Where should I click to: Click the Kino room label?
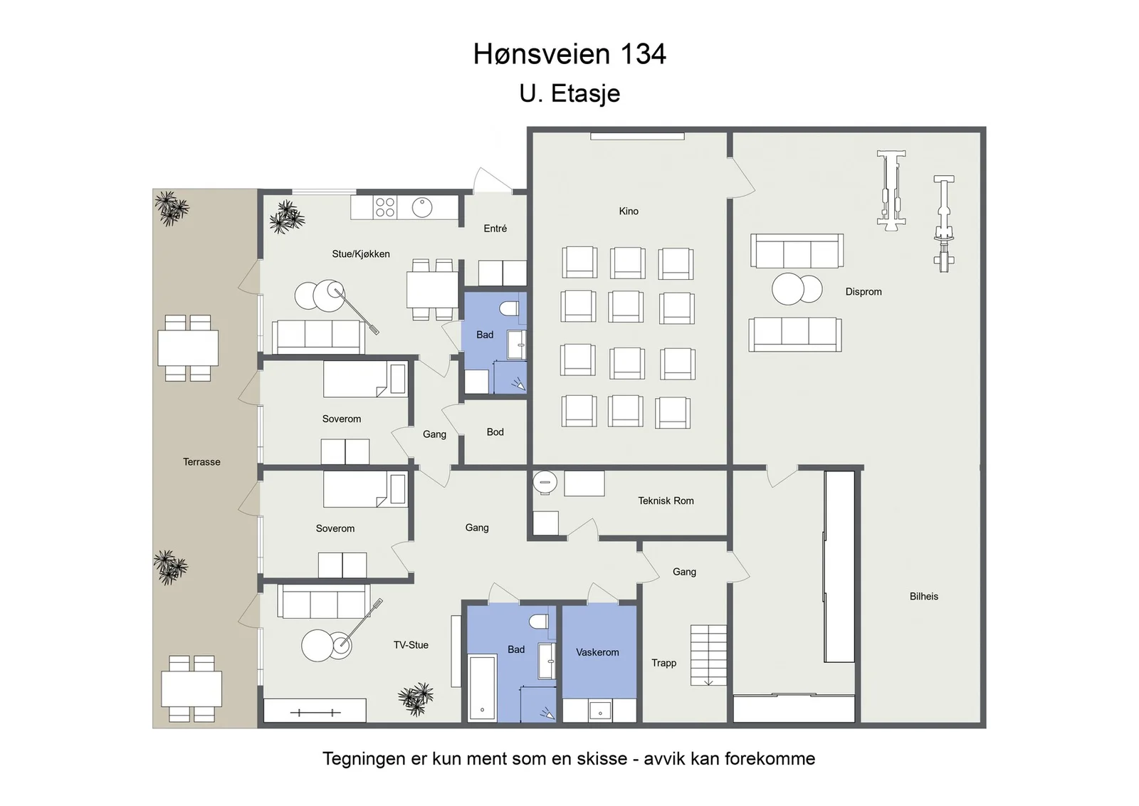pyautogui.click(x=629, y=211)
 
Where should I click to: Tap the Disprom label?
pyautogui.click(x=864, y=292)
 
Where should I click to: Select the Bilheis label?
pyautogui.click(x=924, y=596)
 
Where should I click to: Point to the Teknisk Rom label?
pyautogui.click(x=666, y=501)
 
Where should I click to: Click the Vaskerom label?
pyautogui.click(x=597, y=652)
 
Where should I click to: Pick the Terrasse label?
pyautogui.click(x=202, y=461)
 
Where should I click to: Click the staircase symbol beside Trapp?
pyautogui.click(x=708, y=655)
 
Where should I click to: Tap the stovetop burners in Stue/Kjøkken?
pyautogui.click(x=385, y=207)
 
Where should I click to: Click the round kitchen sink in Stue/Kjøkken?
pyautogui.click(x=422, y=207)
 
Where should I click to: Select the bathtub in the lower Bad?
pyautogui.click(x=482, y=688)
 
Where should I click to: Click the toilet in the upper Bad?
pyautogui.click(x=509, y=308)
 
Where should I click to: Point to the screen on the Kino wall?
pyautogui.click(x=637, y=136)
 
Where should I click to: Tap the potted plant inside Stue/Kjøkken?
pyautogui.click(x=288, y=217)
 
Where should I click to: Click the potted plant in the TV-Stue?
pyautogui.click(x=416, y=699)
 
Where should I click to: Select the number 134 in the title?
pyautogui.click(x=643, y=54)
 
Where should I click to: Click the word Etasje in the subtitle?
pyautogui.click(x=586, y=93)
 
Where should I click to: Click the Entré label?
pyautogui.click(x=495, y=229)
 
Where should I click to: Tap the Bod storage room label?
pyautogui.click(x=495, y=432)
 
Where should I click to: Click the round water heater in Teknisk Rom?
pyautogui.click(x=545, y=482)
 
